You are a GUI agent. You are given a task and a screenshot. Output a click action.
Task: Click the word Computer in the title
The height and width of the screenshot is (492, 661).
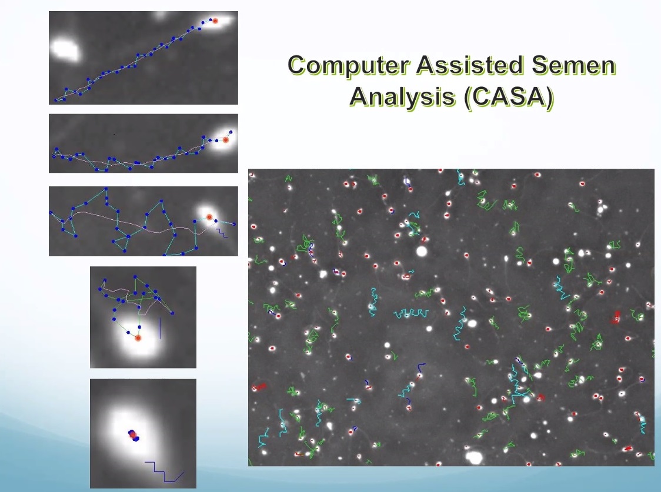[x=349, y=66]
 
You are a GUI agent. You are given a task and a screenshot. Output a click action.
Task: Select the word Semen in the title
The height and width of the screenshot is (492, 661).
[x=573, y=66]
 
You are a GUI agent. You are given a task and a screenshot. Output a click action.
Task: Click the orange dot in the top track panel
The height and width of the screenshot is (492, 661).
[x=215, y=20]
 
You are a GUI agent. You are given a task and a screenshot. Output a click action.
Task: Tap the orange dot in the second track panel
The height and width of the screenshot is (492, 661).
[x=226, y=140]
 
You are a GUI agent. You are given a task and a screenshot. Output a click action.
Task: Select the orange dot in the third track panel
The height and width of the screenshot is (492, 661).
[x=209, y=217]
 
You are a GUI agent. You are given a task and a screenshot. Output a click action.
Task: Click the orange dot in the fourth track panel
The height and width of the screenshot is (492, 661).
[x=138, y=338]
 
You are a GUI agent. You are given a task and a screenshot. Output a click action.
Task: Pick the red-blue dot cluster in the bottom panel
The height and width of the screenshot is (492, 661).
[x=133, y=435]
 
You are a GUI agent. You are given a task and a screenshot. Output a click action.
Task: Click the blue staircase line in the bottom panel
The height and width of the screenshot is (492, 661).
[x=165, y=472]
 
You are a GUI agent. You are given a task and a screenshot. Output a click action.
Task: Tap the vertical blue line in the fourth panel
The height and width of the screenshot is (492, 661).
[x=160, y=329]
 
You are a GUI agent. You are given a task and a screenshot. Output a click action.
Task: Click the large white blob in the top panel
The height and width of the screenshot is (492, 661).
[x=65, y=50]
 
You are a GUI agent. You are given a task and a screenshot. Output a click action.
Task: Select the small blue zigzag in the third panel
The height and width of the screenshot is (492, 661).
[x=222, y=233]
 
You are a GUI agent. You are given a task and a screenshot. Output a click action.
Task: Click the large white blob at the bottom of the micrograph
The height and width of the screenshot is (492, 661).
[x=474, y=457]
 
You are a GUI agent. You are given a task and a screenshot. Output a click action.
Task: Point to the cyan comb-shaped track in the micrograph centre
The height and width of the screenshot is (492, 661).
[x=412, y=313]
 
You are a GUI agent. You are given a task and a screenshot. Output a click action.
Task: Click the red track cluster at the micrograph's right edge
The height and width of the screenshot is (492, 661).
[x=616, y=317]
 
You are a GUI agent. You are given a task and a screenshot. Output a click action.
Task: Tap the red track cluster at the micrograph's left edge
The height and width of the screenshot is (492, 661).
[x=259, y=386]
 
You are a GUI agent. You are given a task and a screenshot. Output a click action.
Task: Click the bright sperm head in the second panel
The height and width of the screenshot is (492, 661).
[x=222, y=139]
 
